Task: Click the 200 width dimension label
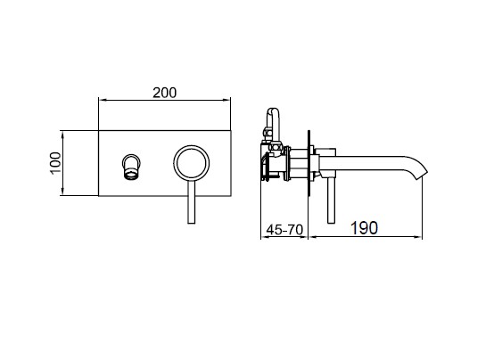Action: (164, 93)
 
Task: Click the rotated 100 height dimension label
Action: (55, 163)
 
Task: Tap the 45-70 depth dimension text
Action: (284, 229)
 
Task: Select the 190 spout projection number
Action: (364, 228)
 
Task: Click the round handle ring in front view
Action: (192, 146)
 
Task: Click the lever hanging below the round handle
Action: (191, 201)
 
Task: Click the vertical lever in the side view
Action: (331, 199)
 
